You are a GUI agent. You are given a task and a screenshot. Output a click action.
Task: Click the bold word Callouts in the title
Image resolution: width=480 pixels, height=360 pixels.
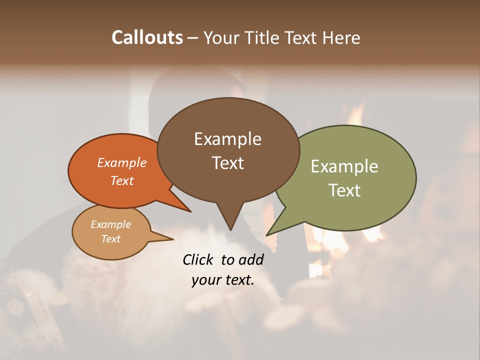(147, 37)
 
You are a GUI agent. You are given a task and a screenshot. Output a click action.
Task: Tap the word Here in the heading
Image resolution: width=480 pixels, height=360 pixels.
(341, 37)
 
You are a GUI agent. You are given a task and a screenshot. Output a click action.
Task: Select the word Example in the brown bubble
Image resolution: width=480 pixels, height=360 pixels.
(227, 139)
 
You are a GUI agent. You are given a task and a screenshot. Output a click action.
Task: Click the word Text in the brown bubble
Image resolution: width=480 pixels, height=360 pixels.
(227, 162)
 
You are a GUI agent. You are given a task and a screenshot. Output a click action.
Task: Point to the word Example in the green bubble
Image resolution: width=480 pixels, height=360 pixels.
(344, 166)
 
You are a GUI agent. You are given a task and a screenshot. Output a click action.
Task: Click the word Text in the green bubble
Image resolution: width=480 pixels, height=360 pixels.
(344, 190)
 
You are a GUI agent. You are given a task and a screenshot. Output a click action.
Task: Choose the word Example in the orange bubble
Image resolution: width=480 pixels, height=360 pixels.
(122, 162)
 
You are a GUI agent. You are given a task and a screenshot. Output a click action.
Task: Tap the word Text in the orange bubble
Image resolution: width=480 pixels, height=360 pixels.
(122, 180)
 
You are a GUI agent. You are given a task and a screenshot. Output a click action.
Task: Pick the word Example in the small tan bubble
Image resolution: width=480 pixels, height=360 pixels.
(110, 224)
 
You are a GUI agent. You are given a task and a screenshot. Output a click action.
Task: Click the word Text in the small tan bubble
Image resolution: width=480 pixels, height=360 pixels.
(110, 239)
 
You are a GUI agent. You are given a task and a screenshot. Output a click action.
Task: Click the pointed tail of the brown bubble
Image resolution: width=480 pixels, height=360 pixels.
(230, 222)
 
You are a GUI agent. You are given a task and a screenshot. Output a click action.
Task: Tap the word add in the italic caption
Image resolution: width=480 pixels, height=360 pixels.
(251, 259)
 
